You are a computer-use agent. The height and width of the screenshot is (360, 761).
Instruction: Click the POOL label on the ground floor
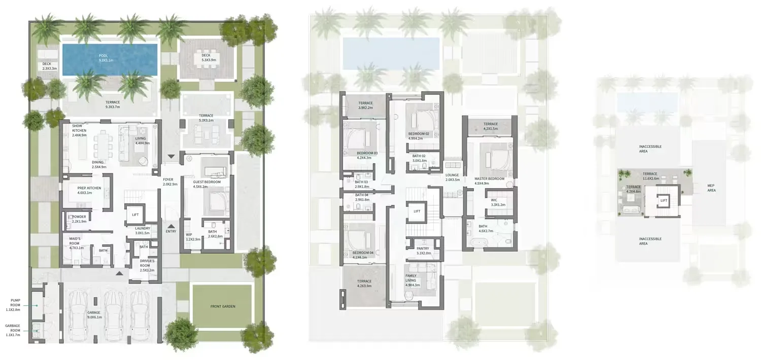(103, 55)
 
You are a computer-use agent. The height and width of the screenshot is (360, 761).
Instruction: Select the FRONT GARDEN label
(223, 306)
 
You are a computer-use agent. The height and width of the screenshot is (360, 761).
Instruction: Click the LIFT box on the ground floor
(135, 214)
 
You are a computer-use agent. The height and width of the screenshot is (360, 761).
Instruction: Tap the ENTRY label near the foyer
(171, 232)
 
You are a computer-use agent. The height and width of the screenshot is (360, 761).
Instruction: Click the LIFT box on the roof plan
(664, 200)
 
